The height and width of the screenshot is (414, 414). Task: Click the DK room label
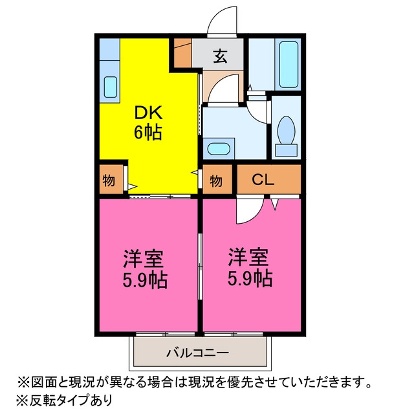148,113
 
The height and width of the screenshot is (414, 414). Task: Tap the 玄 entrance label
220,56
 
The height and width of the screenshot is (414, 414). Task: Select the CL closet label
263,180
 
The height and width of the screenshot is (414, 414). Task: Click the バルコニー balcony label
197,353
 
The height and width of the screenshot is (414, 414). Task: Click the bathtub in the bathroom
289,64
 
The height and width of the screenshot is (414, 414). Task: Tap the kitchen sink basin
111,87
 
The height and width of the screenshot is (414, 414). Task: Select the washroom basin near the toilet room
219,149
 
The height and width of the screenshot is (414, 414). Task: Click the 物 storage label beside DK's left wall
109,180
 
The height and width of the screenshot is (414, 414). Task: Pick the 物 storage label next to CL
215,181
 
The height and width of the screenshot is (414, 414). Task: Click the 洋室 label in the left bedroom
144,258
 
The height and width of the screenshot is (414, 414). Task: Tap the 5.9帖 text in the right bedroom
250,278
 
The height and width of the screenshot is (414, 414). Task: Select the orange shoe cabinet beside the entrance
182,53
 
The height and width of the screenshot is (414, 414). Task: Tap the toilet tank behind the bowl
286,150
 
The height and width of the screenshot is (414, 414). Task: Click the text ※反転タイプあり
65,400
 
